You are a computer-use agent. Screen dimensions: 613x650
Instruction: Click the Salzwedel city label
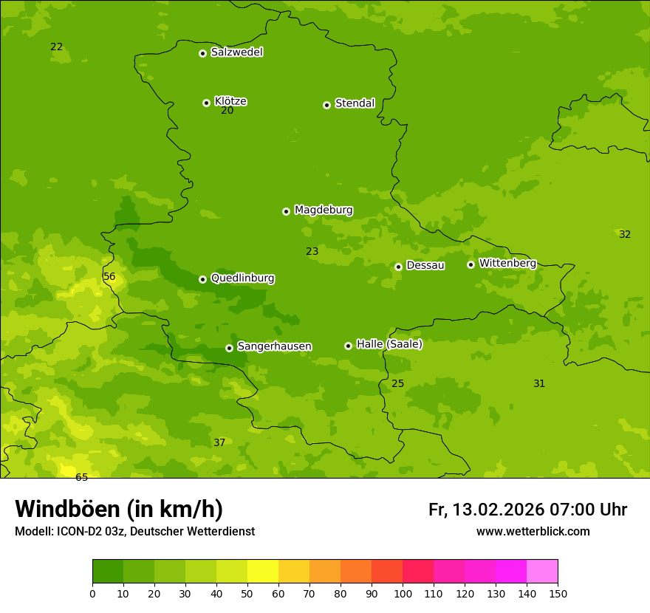click(x=236, y=52)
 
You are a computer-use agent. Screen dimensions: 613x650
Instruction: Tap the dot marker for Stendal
click(x=326, y=105)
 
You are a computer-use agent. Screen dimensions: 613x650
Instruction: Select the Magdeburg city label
click(x=324, y=210)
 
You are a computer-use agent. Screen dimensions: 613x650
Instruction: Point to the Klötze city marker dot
click(x=206, y=103)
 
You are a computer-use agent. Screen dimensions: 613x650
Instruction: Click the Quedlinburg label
click(x=242, y=278)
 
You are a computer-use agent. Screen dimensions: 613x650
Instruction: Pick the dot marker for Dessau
click(x=398, y=267)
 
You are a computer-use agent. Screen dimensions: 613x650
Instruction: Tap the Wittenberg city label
click(x=507, y=264)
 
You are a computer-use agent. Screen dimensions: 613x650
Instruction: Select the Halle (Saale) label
click(x=389, y=344)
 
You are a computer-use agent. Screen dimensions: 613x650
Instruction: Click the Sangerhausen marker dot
click(x=229, y=348)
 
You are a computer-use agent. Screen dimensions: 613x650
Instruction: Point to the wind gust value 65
click(x=81, y=478)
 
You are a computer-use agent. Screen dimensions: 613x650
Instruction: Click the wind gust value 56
click(x=109, y=277)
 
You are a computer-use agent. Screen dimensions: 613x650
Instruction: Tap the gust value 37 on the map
click(x=219, y=443)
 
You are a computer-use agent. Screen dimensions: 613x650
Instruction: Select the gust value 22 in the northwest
click(x=57, y=47)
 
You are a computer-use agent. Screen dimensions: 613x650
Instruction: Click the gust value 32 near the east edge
click(x=625, y=235)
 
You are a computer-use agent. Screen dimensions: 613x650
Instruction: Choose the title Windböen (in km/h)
click(x=119, y=509)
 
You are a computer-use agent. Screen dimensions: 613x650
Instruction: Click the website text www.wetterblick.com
click(x=533, y=532)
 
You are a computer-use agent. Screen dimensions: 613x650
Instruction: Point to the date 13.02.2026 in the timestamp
click(x=499, y=510)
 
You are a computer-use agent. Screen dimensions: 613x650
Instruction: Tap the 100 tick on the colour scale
click(x=403, y=593)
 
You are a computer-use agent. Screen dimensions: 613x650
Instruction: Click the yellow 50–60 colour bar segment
click(x=263, y=571)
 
